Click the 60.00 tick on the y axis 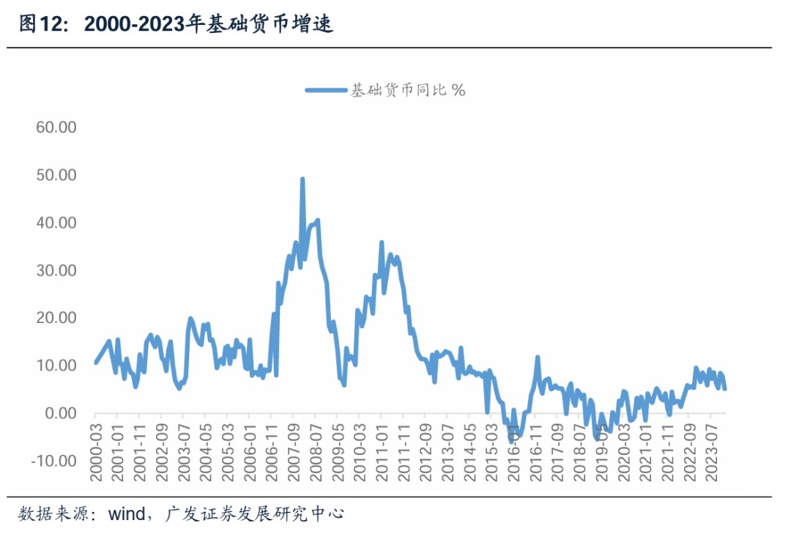(56, 127)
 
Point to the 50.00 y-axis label (56, 175)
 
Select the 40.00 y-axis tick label (56, 223)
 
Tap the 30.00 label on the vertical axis (56, 270)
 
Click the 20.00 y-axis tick (56, 318)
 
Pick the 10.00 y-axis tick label (56, 366)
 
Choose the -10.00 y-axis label (54, 461)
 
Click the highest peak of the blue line (302, 179)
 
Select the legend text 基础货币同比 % (408, 90)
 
